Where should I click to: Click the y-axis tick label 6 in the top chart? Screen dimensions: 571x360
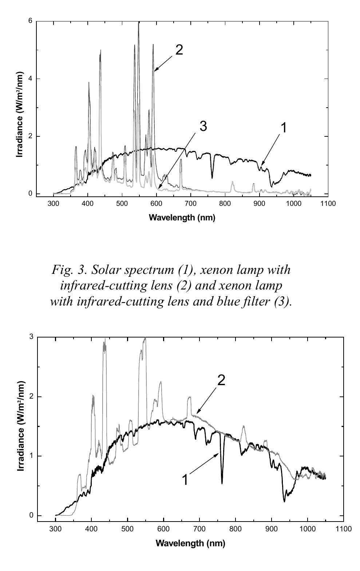[30, 21]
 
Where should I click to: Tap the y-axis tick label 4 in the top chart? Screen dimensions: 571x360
[30, 79]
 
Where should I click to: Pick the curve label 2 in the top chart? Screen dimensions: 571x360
[179, 50]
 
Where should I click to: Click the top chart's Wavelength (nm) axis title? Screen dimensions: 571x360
[182, 218]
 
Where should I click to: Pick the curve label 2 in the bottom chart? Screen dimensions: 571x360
[221, 380]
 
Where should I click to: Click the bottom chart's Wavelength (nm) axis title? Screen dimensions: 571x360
[190, 543]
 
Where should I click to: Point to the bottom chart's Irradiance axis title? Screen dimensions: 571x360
[21, 426]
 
